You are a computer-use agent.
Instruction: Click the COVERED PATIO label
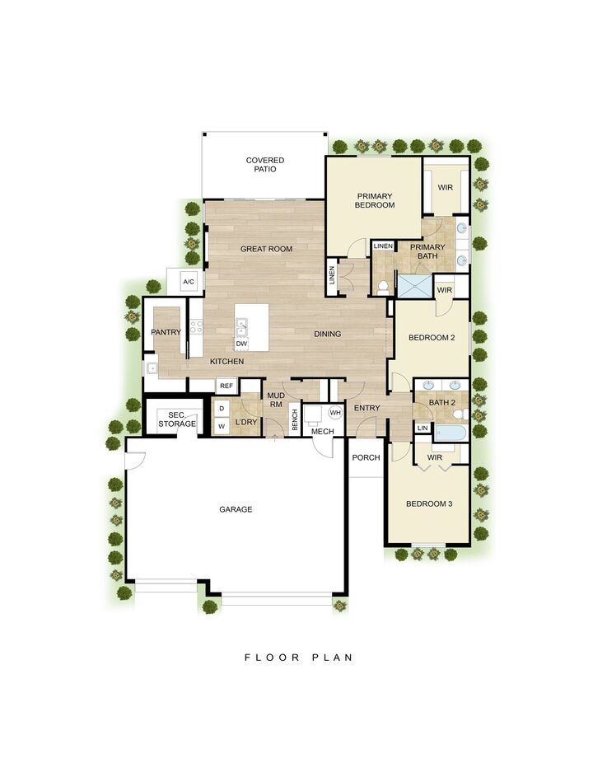click(264, 165)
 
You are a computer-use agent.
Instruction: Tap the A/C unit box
click(188, 283)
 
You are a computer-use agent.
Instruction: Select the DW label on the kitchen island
click(241, 344)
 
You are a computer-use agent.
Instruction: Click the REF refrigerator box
click(226, 386)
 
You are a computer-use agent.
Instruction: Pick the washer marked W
click(221, 426)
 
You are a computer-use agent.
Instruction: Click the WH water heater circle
click(335, 412)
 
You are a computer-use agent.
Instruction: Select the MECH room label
click(322, 431)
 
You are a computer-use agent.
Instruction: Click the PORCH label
click(366, 458)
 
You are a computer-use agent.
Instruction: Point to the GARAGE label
click(236, 509)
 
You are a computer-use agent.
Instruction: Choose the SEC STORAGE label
click(177, 419)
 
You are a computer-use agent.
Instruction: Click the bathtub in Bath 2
click(450, 431)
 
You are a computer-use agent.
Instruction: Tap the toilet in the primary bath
click(383, 286)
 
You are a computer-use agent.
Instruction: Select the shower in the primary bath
click(415, 285)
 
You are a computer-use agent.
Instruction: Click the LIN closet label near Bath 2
click(423, 428)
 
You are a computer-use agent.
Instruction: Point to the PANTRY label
click(166, 332)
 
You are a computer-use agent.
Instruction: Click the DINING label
click(327, 335)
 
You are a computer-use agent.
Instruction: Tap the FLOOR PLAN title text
click(298, 658)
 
